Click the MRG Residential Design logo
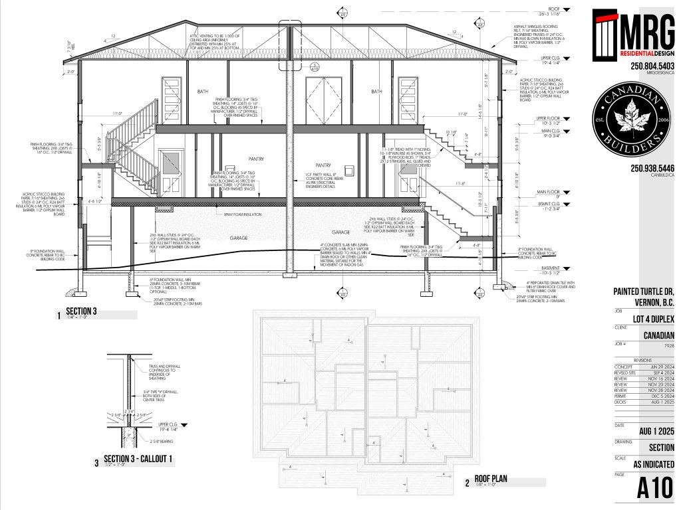[634, 35]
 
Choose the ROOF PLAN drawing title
[491, 482]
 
